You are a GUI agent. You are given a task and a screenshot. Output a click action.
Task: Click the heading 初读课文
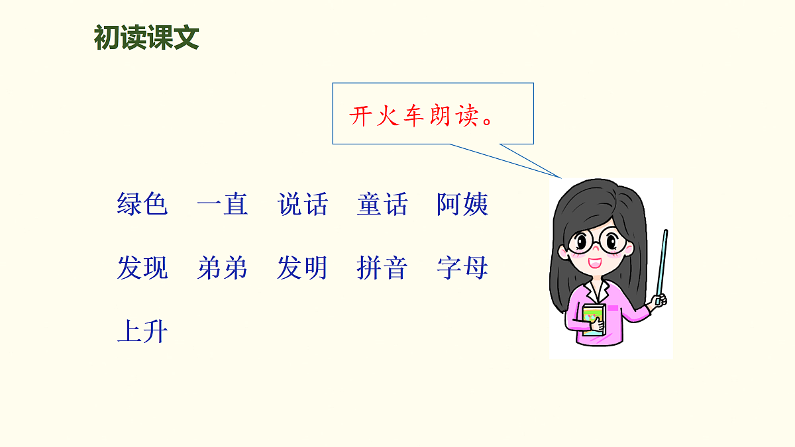coord(146,38)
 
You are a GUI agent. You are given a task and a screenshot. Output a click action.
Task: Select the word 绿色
coord(142,205)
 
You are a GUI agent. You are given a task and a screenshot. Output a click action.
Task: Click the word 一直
coord(223,205)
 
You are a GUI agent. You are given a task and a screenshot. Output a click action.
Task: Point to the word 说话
coord(303,205)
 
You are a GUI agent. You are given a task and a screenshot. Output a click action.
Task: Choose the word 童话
coord(382,205)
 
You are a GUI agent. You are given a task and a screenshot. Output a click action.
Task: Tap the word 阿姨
coord(462,205)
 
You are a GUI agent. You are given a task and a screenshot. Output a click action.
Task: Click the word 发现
coord(142,268)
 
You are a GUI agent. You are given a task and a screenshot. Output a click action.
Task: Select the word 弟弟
coord(223,268)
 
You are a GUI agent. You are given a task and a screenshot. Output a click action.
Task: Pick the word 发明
coord(303,268)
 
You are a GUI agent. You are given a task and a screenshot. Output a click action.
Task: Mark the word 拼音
coord(382,268)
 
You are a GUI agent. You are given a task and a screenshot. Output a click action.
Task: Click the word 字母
coord(462,268)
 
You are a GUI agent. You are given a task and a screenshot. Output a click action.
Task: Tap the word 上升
coord(142,332)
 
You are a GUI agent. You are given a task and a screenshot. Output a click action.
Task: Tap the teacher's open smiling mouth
coord(596,262)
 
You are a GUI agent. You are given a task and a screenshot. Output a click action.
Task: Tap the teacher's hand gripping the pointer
coord(658,301)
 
